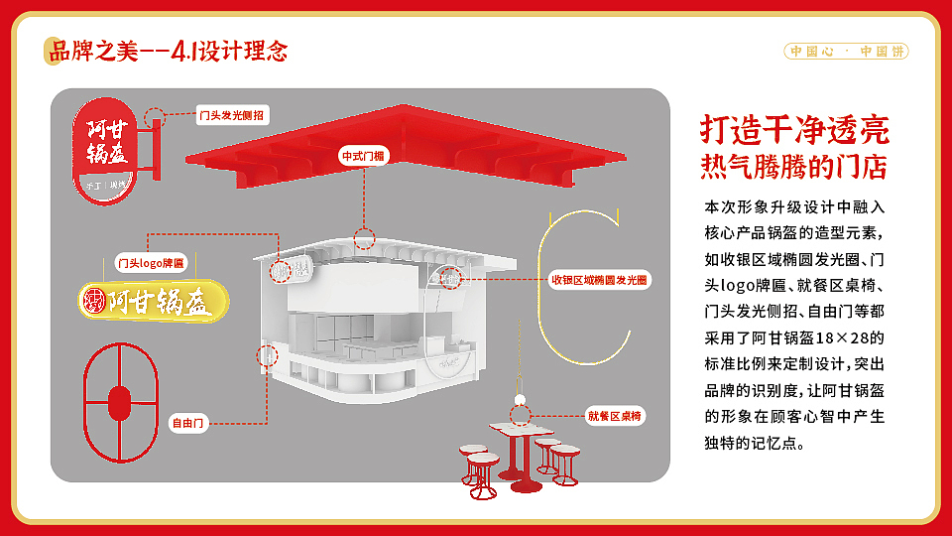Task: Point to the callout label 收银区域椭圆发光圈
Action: pyautogui.click(x=599, y=281)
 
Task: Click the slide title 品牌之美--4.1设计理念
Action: pyautogui.click(x=169, y=50)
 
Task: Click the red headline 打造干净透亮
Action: pyautogui.click(x=794, y=129)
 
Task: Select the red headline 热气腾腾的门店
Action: pyautogui.click(x=793, y=165)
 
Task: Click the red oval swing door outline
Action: pyautogui.click(x=120, y=402)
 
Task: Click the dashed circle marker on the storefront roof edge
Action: pyautogui.click(x=365, y=238)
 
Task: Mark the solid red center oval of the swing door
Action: pyautogui.click(x=119, y=402)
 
